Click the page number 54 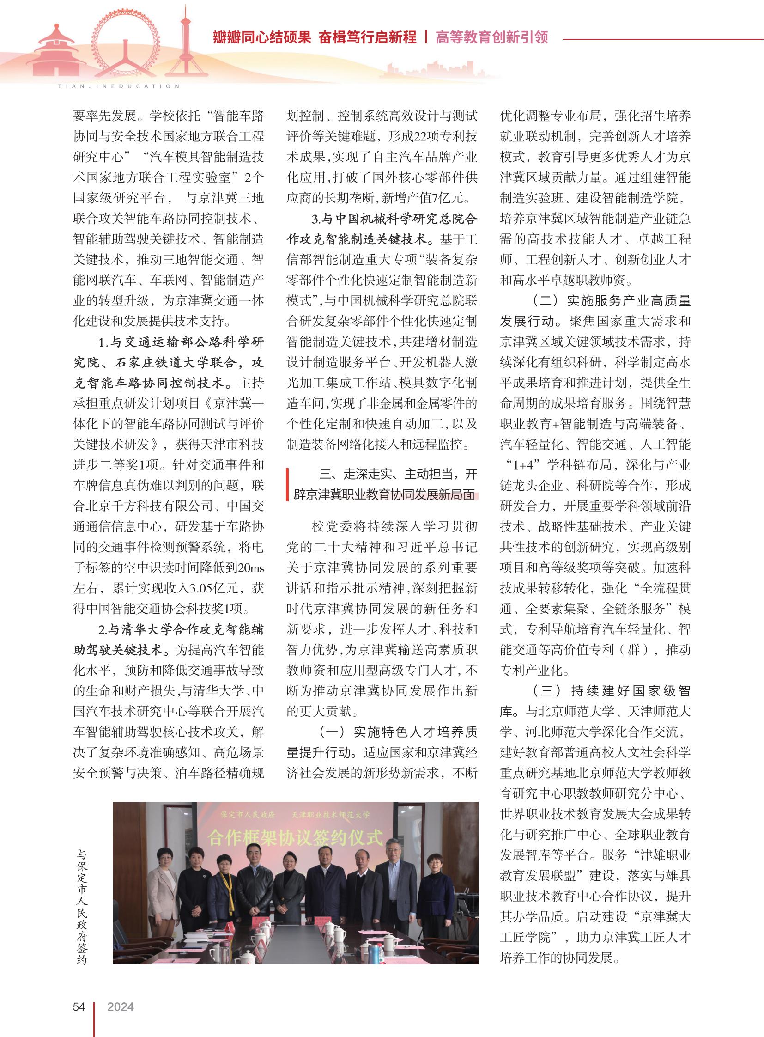click(79, 1007)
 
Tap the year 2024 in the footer click(120, 1007)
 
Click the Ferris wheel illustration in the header click(125, 44)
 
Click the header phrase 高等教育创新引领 click(491, 37)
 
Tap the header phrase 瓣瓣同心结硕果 click(262, 37)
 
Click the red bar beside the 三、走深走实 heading click(288, 484)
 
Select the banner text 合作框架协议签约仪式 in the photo click(295, 837)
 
